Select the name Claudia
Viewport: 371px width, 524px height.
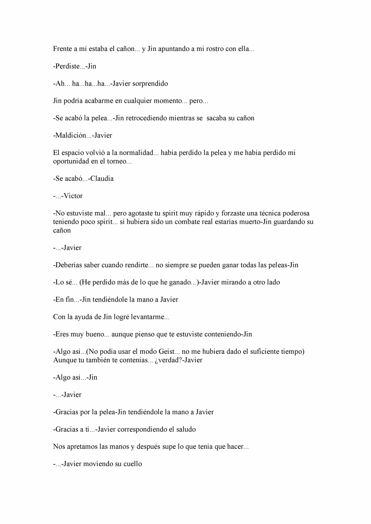pyautogui.click(x=102, y=178)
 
